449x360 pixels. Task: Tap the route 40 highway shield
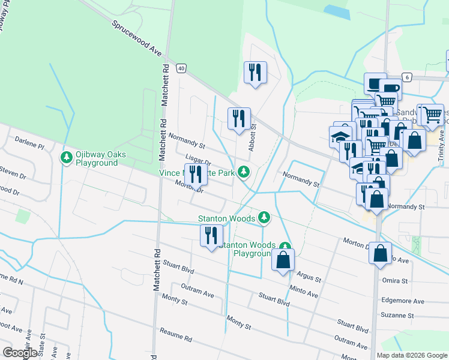coord(181,69)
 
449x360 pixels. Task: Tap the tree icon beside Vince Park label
coord(243,173)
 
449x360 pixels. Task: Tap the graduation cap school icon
coord(340,136)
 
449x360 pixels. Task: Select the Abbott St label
coord(253,137)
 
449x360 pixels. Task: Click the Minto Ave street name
coord(304,292)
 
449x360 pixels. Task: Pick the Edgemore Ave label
coord(402,301)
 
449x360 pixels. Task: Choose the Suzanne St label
coord(397,315)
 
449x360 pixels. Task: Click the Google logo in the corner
coord(20,353)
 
